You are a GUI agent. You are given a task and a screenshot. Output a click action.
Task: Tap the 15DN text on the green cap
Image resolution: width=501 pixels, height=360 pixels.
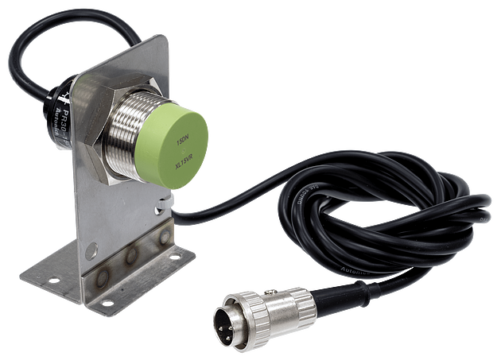(182, 142)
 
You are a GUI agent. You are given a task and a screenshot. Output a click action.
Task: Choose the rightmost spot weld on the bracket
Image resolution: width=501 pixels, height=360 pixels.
(163, 238)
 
